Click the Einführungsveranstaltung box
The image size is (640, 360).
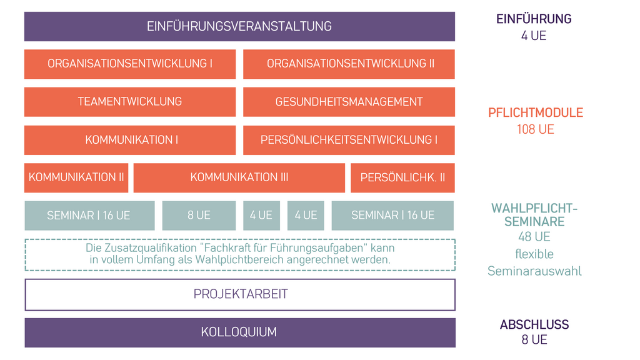click(x=239, y=26)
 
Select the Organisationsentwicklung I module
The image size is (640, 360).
click(x=130, y=64)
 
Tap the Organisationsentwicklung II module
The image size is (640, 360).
click(x=349, y=64)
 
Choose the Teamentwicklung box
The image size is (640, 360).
click(x=130, y=102)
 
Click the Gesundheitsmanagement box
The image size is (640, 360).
click(x=349, y=102)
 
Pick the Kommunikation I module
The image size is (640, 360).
click(x=130, y=140)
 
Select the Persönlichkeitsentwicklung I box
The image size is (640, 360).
click(x=349, y=140)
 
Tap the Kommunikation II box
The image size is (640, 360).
click(x=76, y=177)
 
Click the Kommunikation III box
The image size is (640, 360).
click(x=239, y=177)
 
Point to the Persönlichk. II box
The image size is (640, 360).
click(x=402, y=177)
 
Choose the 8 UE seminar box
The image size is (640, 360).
click(x=199, y=216)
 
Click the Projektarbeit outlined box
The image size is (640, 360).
click(x=240, y=295)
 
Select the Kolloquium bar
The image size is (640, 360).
click(x=240, y=332)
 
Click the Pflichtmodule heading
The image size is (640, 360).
click(x=536, y=112)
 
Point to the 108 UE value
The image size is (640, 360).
click(x=536, y=129)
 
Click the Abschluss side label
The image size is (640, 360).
click(x=534, y=324)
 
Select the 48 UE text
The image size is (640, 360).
click(x=534, y=237)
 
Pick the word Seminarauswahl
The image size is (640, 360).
click(x=534, y=271)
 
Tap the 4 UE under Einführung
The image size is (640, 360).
click(x=534, y=36)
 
